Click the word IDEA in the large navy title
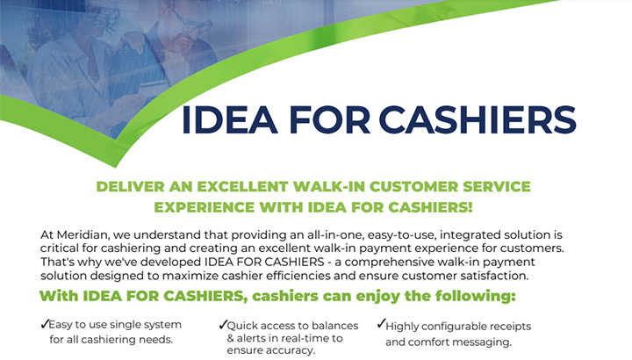tap(230, 119)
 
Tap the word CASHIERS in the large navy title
tap(478, 119)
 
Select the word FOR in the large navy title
tap(329, 119)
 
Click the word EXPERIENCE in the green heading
tap(205, 207)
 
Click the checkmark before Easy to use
tap(45, 324)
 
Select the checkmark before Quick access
tap(223, 325)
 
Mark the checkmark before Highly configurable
tap(381, 323)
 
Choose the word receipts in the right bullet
tap(508, 327)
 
